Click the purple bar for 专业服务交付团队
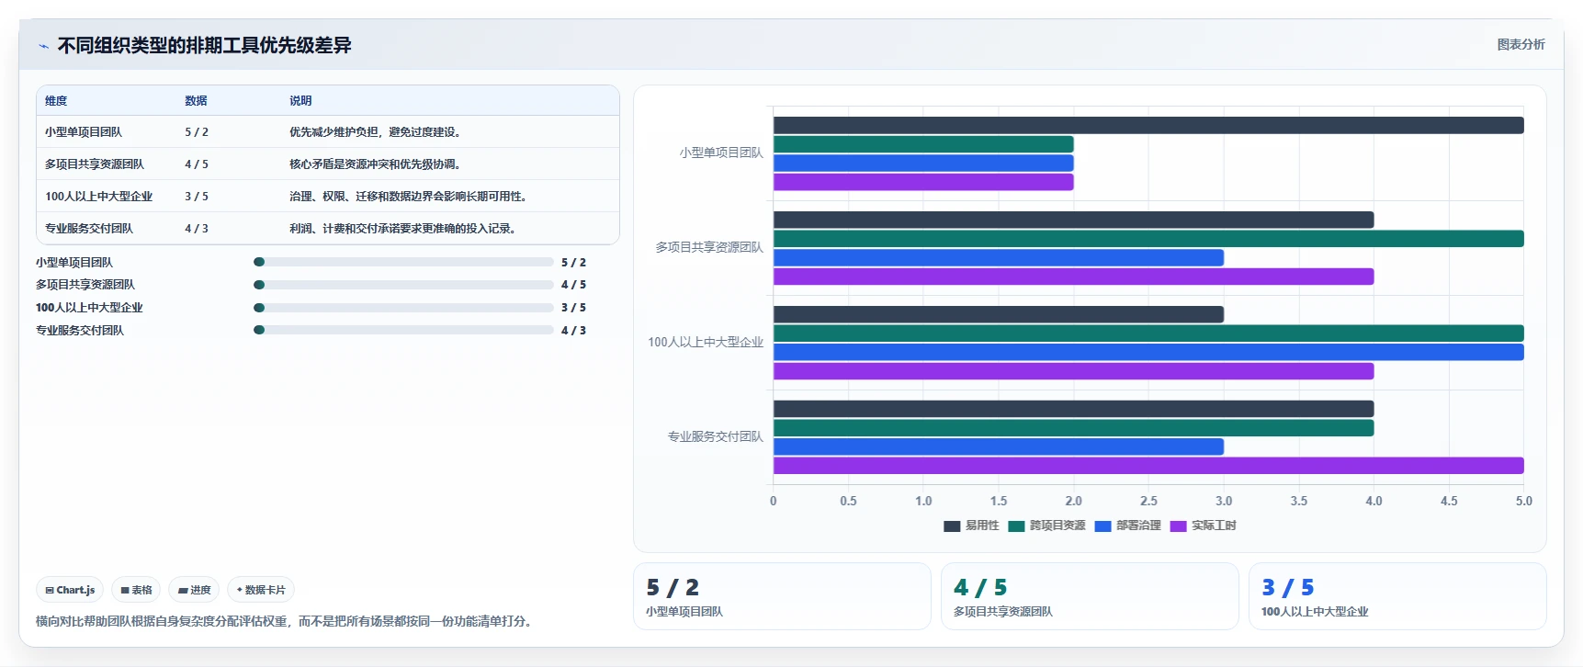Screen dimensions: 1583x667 1148,466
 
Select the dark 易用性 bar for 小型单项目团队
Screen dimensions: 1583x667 1148,125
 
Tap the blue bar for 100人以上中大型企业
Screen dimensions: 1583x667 1148,352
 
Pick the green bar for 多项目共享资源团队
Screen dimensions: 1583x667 1148,239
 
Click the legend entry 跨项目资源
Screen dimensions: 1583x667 1047,526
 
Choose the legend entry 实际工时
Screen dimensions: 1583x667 1204,526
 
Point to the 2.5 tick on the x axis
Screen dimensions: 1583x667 1148,501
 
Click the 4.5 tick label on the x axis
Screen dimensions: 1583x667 1449,501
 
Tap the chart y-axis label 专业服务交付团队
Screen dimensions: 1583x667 716,436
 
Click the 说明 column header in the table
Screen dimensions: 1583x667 300,101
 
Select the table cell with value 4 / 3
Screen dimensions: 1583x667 197,229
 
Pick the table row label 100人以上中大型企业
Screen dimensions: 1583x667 99,197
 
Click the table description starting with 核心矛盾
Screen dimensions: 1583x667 375,164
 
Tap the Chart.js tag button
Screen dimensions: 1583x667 70,590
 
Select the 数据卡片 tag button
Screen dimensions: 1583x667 261,590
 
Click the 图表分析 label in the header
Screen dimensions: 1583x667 1521,44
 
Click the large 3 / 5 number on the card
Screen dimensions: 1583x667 1288,587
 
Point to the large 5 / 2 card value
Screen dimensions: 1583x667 673,587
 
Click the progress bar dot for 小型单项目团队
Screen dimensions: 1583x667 259,262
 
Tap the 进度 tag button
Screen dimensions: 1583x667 194,590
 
